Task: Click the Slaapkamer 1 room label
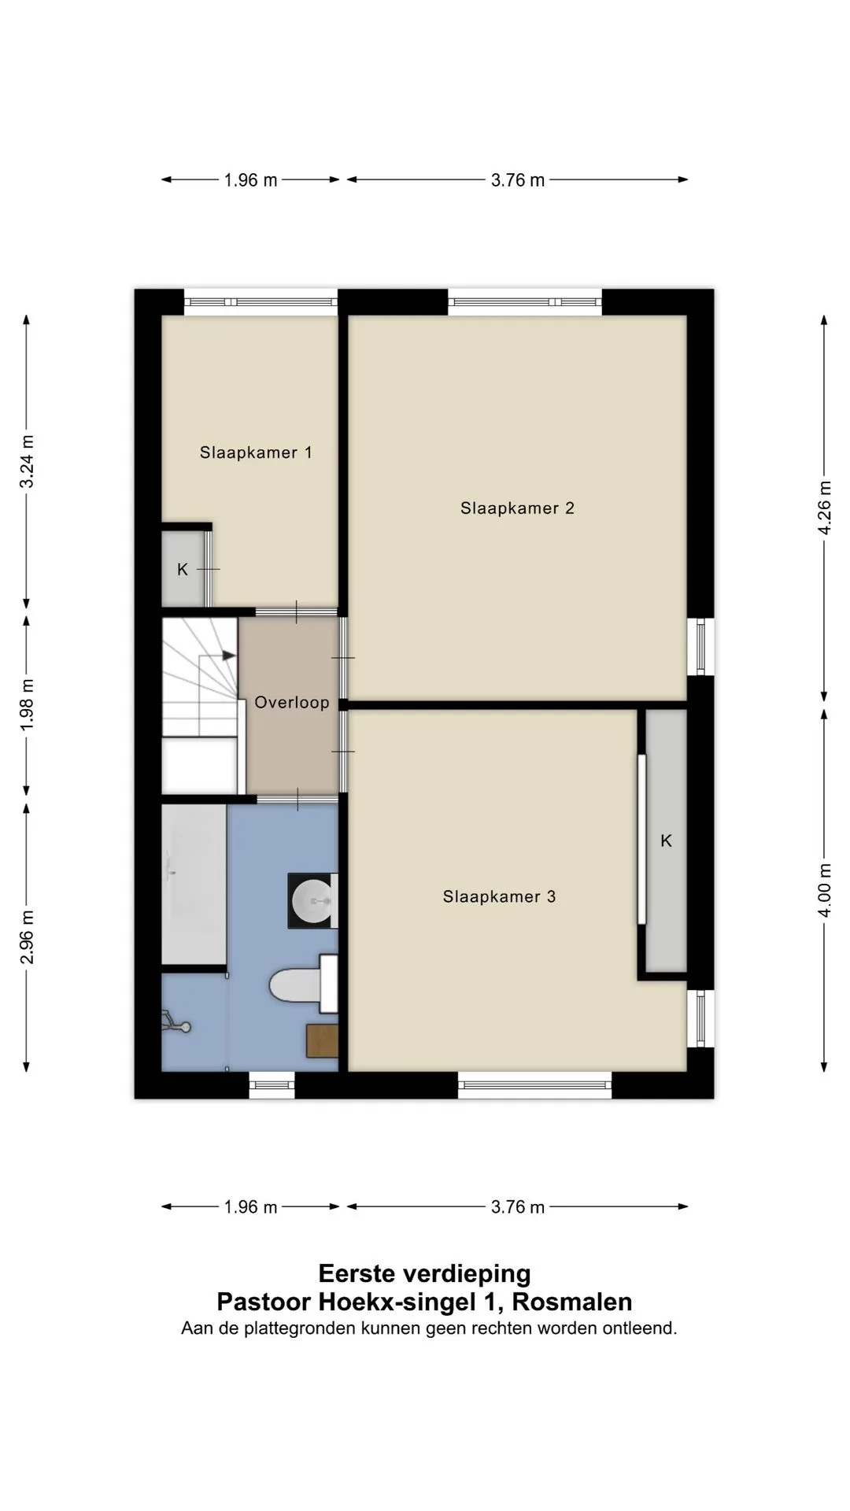pos(256,453)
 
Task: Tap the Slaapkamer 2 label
pos(518,508)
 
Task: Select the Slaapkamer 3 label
pos(500,896)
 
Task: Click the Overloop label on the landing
pos(292,703)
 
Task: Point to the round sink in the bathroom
pos(312,900)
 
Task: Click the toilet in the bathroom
pos(304,984)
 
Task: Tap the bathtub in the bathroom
pos(194,884)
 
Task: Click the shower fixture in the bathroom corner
pos(175,1022)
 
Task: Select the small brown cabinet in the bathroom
pos(322,1040)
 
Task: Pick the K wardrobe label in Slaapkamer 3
pos(666,841)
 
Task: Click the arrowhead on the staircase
pos(229,655)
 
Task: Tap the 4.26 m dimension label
pos(824,508)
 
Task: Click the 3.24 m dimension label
pos(27,461)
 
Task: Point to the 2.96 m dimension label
pos(27,937)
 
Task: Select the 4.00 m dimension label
pos(824,890)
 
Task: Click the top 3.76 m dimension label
pos(518,180)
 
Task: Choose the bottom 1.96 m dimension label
pos(250,1207)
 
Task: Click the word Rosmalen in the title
pos(572,1302)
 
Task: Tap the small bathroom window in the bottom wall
pos(272,1085)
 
